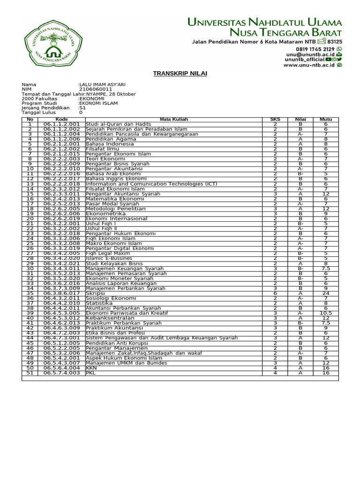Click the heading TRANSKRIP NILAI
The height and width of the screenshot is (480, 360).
(180, 74)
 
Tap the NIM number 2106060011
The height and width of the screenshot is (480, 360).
(96, 89)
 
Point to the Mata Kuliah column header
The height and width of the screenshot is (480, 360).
(174, 120)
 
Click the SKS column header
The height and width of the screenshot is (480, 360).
(275, 120)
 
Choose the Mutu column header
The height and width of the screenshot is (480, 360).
(325, 120)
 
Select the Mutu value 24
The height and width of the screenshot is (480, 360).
(325, 293)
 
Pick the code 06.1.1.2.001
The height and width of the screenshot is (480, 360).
(62, 124)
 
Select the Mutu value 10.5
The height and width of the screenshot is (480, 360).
(325, 313)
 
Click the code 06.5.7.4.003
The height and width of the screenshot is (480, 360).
(62, 373)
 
